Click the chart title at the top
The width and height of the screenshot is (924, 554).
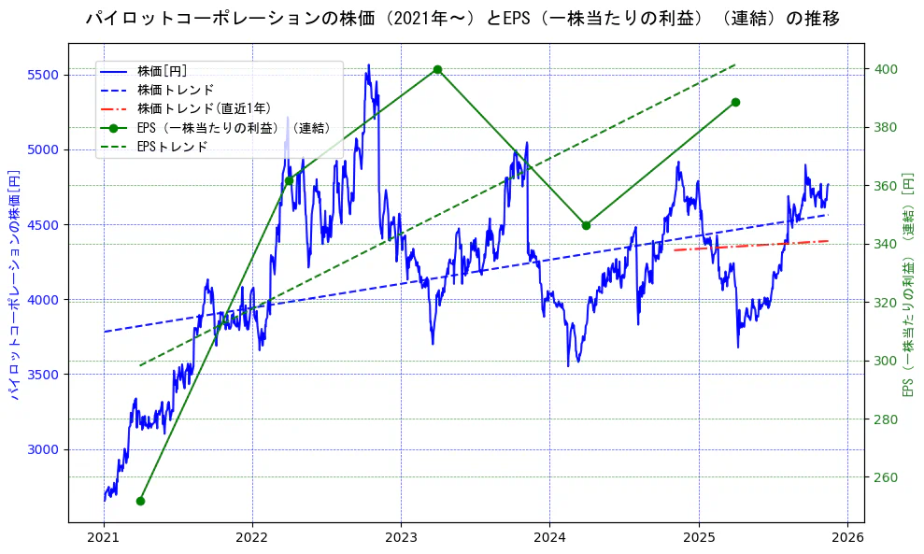tap(462, 19)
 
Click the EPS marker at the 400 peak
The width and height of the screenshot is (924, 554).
tap(437, 69)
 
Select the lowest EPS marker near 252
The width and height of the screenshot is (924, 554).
tap(140, 501)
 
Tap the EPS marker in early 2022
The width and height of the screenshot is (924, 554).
tap(289, 180)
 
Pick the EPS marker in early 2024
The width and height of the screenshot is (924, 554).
tap(586, 225)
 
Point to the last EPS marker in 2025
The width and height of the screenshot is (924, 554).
tap(735, 102)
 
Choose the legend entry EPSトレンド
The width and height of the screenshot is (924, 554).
tap(172, 147)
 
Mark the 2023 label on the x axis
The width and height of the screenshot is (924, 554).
tap(401, 537)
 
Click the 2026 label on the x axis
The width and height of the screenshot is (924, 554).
tap(846, 537)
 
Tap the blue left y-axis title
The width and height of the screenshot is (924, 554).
tap(15, 284)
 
